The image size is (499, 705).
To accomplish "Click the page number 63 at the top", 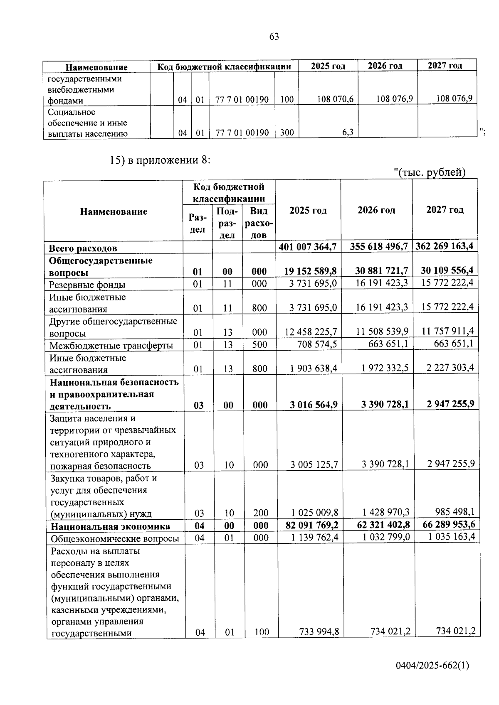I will click(x=274, y=37).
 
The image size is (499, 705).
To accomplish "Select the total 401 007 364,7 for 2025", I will click(x=308, y=247).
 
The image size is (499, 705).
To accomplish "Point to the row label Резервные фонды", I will click(x=87, y=285).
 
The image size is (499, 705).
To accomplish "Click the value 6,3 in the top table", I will click(x=348, y=133).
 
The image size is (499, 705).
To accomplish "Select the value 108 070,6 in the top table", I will click(x=335, y=99).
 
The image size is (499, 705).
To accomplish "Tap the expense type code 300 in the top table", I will click(x=287, y=133).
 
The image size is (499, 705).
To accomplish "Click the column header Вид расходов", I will click(x=259, y=223).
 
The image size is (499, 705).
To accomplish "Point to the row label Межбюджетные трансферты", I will click(x=111, y=346).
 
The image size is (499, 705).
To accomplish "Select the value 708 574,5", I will click(x=317, y=344).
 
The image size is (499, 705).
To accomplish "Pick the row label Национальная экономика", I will click(x=110, y=526).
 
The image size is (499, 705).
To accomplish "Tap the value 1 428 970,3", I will click(x=385, y=512).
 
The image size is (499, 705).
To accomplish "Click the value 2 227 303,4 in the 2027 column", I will click(x=448, y=368).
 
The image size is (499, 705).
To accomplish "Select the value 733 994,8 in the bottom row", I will click(x=319, y=632).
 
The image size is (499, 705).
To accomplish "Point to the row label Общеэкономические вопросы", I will click(x=115, y=539).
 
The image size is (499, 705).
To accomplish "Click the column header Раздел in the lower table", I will click(x=197, y=223).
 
